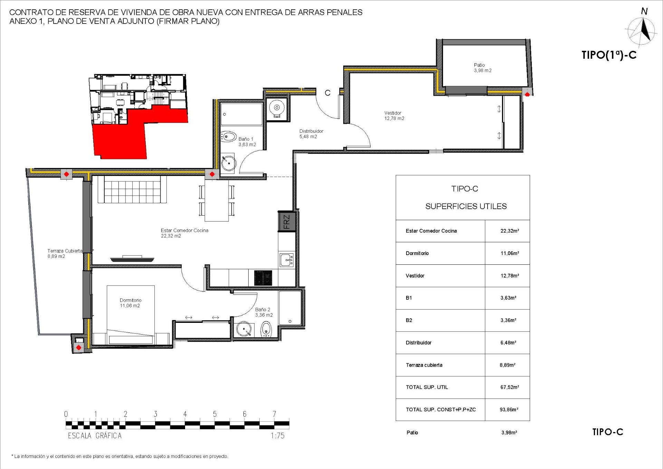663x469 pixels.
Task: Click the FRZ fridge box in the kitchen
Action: coord(287,222)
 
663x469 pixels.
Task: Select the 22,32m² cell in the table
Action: coord(509,231)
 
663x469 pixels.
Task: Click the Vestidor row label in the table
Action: coord(415,276)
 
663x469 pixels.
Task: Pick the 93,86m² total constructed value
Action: coord(509,410)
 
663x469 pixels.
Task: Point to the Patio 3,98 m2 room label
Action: coord(482,68)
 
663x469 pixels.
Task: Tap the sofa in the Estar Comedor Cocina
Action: coord(133,189)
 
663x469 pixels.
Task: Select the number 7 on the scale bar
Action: coord(274,414)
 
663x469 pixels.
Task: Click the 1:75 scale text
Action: coord(277,436)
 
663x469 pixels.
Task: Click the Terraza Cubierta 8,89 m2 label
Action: coord(65,253)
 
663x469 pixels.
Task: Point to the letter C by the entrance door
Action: coord(327,93)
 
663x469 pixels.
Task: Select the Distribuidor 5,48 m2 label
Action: coord(311,134)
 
